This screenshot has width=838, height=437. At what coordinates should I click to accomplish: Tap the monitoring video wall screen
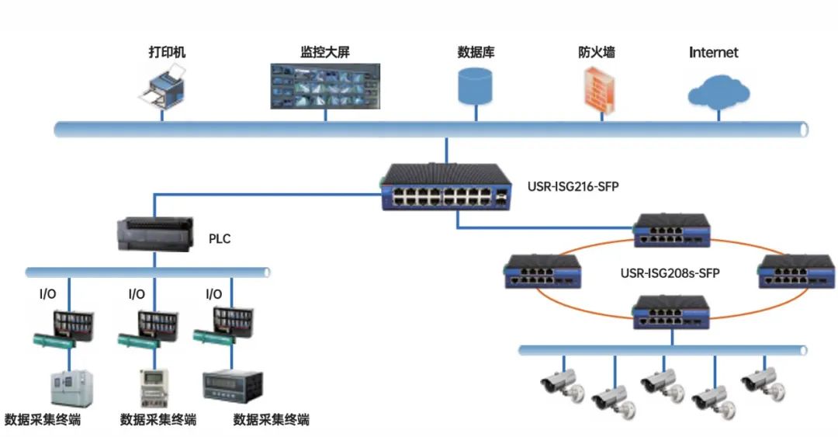(325, 85)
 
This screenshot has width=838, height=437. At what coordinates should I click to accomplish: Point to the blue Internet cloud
(719, 92)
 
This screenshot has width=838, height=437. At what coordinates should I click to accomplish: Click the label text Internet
(714, 53)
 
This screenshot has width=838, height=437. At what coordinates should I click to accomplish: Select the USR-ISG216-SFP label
(569, 186)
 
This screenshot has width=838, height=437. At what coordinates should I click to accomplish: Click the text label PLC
(220, 239)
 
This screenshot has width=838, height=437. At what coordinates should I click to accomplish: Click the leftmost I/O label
(47, 294)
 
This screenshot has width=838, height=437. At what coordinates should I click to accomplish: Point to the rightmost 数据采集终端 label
(272, 420)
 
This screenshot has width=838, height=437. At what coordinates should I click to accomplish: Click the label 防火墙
(597, 53)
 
